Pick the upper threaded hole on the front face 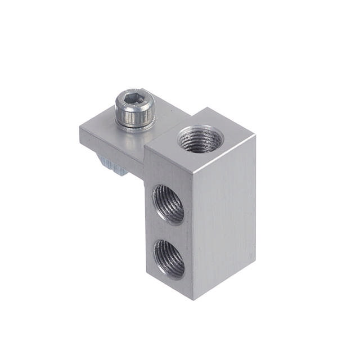(x=169, y=204)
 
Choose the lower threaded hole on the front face (x=169, y=258)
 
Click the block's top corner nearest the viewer (x=192, y=172)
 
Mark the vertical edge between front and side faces (x=192, y=236)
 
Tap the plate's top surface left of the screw (x=101, y=127)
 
